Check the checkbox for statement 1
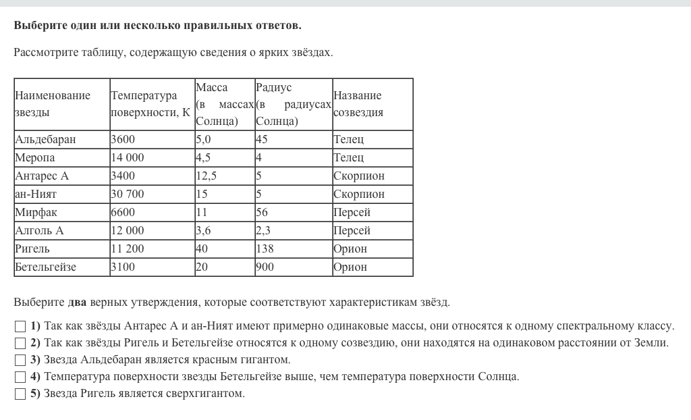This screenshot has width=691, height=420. click(20, 326)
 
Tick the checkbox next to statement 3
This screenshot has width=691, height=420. click(20, 360)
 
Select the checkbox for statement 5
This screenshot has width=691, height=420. click(20, 394)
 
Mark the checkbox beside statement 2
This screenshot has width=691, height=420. click(20, 343)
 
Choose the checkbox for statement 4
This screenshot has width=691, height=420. click(20, 377)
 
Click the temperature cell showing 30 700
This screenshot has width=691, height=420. click(128, 194)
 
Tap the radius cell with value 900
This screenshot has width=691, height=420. click(265, 267)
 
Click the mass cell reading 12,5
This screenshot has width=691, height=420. click(206, 176)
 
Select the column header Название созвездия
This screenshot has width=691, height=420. click(358, 104)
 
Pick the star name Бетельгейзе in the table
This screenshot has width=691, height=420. click(45, 267)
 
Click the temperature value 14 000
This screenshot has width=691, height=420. click(128, 157)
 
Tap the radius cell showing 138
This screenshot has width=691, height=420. click(265, 248)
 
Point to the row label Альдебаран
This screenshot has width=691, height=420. click(45, 139)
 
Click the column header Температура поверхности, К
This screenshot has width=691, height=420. click(150, 104)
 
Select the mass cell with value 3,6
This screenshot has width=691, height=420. click(204, 230)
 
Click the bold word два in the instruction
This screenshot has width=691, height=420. click(78, 302)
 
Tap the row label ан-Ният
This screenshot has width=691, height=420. click(36, 194)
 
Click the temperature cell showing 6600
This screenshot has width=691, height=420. click(123, 212)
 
